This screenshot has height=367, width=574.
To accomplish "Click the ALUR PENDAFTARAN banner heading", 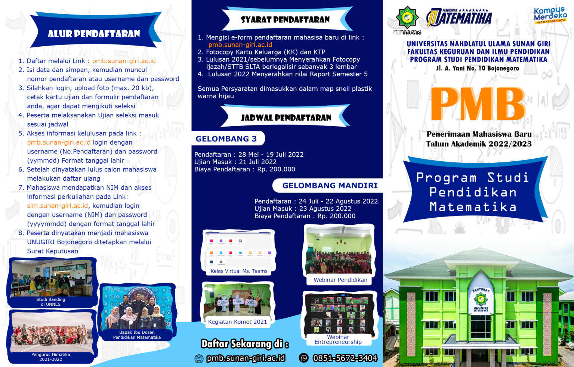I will click(x=94, y=34).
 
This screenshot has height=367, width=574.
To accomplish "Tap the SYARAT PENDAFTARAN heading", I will click(x=285, y=19).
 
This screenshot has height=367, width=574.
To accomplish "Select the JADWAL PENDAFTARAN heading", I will click(x=286, y=118).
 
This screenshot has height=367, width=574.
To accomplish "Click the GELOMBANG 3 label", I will click(x=226, y=139).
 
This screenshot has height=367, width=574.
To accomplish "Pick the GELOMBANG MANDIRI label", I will click(x=330, y=186).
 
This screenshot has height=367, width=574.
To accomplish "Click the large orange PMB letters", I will click(x=478, y=104).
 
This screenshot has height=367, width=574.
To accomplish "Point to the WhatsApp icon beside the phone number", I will click(x=304, y=358).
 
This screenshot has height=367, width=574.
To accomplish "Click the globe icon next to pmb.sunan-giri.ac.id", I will click(x=199, y=359).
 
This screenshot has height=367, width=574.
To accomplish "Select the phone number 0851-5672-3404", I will click(x=345, y=358).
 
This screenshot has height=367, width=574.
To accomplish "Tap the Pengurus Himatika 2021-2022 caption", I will click(x=51, y=357).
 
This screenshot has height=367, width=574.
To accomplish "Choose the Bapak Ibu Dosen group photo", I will click(x=137, y=308).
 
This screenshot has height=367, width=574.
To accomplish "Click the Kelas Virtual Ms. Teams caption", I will click(x=239, y=271).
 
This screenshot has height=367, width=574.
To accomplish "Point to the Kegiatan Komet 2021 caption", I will click(x=237, y=322).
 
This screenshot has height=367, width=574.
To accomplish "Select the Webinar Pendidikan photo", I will click(x=339, y=250).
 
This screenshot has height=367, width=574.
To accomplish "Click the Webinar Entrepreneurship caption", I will click(x=338, y=339).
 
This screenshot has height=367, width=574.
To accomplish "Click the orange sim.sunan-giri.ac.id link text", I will click(x=57, y=206).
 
